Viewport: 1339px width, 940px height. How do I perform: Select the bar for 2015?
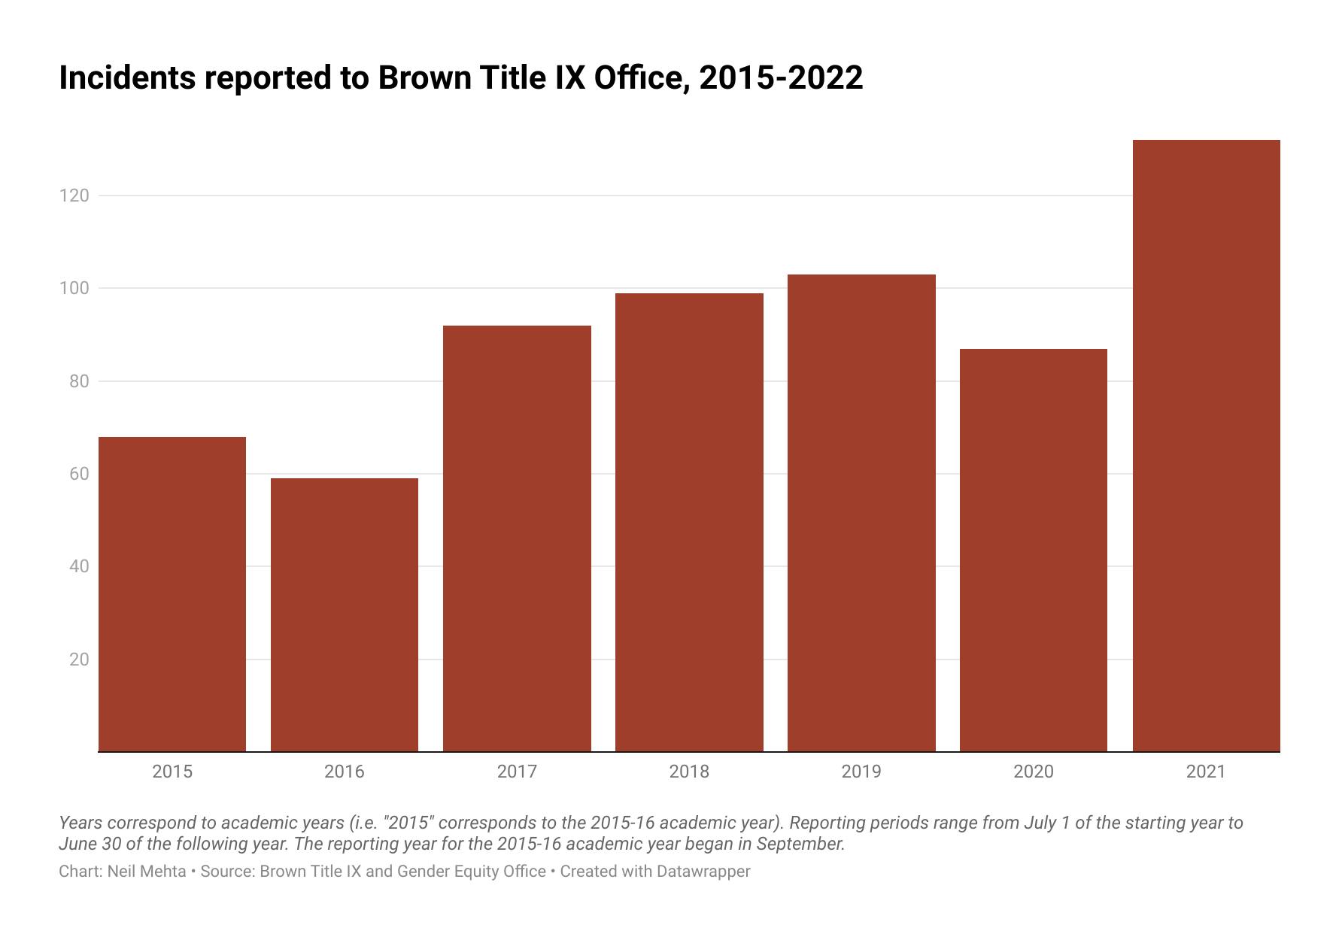(x=172, y=594)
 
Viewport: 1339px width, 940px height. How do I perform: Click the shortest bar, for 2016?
(x=345, y=615)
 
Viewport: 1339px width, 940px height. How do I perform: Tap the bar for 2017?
(x=517, y=538)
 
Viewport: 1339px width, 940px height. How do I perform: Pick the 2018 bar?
(x=689, y=522)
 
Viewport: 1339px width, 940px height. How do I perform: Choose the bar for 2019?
(x=861, y=513)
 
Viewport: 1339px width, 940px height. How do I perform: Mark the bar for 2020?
(x=1034, y=550)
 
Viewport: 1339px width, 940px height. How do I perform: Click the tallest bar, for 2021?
(x=1206, y=445)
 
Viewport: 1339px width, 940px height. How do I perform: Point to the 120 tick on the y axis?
(x=74, y=196)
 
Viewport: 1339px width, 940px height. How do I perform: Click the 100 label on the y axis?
(x=74, y=289)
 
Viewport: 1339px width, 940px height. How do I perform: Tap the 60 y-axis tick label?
(x=78, y=474)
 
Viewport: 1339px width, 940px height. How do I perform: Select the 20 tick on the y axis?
(x=78, y=660)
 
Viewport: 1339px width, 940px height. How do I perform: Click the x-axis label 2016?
(x=345, y=772)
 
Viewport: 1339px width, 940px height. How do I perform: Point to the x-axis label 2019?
(x=861, y=772)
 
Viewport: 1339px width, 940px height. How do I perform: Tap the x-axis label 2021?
(x=1206, y=772)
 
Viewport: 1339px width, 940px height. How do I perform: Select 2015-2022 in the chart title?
(x=781, y=78)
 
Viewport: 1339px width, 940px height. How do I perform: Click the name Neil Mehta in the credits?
(x=147, y=872)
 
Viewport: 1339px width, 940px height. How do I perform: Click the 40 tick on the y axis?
(x=78, y=566)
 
